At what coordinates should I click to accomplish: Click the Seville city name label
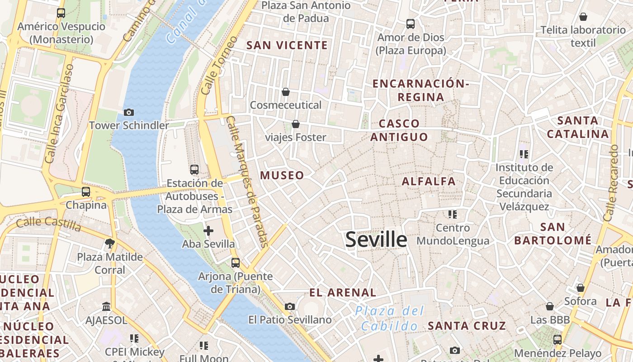pos(376,239)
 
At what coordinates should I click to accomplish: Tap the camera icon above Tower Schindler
pos(129,112)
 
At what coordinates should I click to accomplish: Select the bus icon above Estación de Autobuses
pos(194,170)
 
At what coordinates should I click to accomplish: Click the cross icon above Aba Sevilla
pos(208,231)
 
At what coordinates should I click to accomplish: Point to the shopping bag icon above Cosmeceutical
pos(286,92)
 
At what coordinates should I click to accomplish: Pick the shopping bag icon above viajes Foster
pos(296,124)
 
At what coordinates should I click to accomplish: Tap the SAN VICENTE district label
pos(287,45)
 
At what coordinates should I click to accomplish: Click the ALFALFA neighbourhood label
pos(429,181)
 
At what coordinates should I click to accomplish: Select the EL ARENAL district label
pos(343,293)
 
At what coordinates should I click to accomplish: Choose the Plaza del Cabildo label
pos(389,318)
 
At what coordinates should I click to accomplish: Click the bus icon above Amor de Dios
pos(411,24)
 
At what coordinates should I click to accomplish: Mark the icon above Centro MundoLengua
pos(453,214)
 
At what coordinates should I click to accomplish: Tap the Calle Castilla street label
pos(48,224)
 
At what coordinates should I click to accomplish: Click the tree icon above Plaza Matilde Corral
pos(109,244)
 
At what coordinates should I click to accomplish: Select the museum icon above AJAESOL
pos(106,307)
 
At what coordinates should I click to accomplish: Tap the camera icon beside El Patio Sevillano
pos(290,307)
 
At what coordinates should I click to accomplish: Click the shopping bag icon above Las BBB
pos(550,307)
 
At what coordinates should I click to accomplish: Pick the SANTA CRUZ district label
pos(467,325)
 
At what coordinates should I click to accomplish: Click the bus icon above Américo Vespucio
pos(61,13)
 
